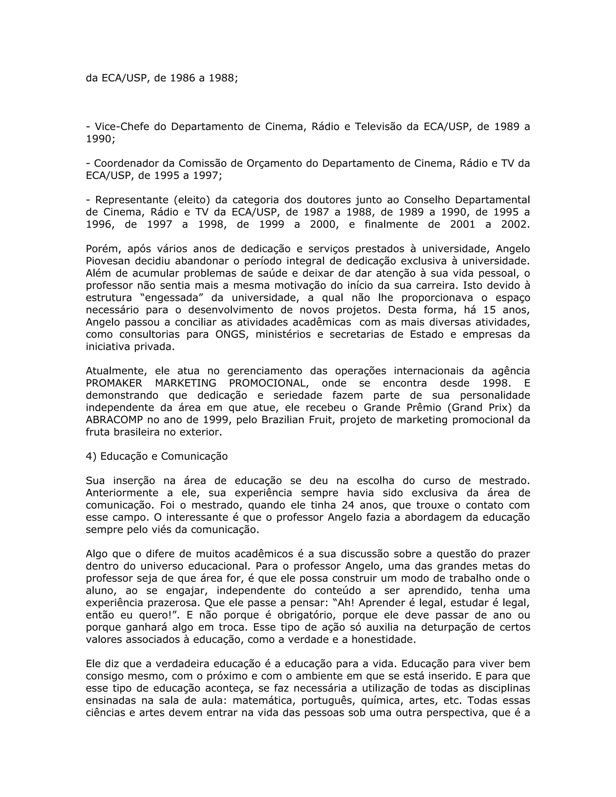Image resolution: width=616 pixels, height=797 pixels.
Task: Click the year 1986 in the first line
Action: (x=183, y=78)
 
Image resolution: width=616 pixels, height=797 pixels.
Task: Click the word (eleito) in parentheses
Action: (x=192, y=200)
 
